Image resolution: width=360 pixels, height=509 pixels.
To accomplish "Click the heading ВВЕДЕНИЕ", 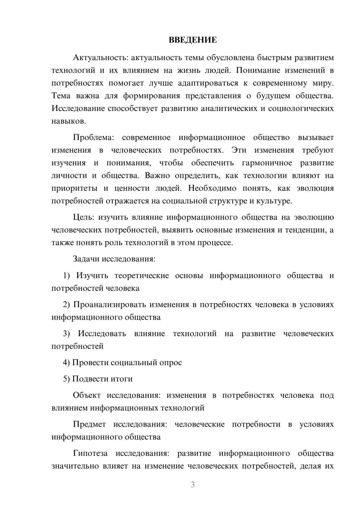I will [193, 40].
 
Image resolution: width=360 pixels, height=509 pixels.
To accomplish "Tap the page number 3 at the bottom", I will [193, 485].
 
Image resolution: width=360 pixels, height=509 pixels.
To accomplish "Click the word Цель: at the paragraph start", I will [84, 217].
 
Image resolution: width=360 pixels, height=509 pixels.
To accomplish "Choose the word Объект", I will [87, 395].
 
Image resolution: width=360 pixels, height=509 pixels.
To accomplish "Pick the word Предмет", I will [89, 424].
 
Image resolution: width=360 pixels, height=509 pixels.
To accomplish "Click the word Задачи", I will [86, 259].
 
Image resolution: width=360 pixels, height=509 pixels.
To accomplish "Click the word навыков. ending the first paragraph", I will [69, 121].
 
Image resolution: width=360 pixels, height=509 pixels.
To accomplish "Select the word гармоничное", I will [267, 163].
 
